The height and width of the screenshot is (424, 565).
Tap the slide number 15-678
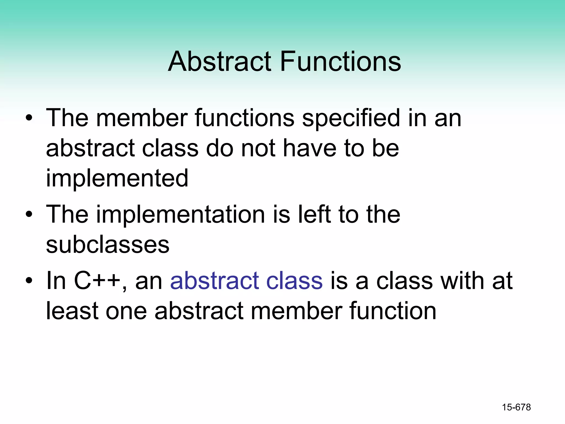(516, 407)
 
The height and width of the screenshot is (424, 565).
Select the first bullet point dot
(29, 118)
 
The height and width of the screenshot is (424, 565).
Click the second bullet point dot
(29, 214)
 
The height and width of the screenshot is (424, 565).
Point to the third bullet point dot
(29, 281)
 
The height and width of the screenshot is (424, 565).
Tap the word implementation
(180, 214)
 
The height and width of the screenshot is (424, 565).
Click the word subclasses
(108, 245)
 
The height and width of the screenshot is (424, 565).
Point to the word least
(72, 311)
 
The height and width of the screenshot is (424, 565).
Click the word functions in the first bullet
(244, 118)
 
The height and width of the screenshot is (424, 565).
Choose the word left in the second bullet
(315, 214)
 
